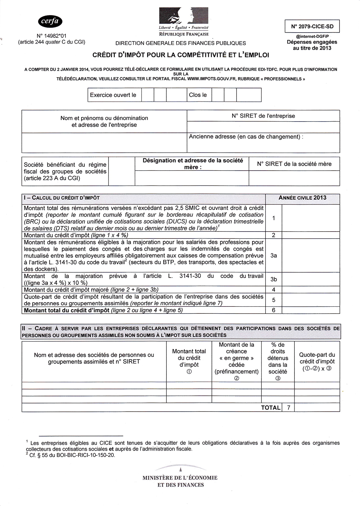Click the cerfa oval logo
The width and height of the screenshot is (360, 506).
(50, 21)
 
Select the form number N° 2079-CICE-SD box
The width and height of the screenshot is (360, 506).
(312, 27)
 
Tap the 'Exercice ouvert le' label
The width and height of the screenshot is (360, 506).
(113, 95)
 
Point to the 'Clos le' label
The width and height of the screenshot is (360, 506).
(198, 95)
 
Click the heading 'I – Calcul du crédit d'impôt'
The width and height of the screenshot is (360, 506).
(62, 198)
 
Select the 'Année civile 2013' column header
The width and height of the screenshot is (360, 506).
(302, 198)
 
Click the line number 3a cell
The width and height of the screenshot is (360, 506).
(273, 255)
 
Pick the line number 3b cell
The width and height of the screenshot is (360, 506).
(273, 279)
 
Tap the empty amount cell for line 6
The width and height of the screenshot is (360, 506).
(311, 310)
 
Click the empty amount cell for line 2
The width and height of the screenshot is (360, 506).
(311, 235)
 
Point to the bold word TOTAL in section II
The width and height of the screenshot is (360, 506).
(270, 408)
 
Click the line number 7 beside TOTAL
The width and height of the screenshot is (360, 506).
(288, 408)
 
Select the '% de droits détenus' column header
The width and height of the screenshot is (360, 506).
(278, 361)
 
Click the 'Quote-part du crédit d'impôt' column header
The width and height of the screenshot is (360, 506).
(317, 361)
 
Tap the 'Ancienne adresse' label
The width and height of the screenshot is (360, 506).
(246, 137)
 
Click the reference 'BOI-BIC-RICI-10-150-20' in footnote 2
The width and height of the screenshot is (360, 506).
(86, 456)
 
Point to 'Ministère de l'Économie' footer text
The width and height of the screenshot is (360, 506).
(180, 478)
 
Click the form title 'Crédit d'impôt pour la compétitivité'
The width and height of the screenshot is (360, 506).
(181, 55)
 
